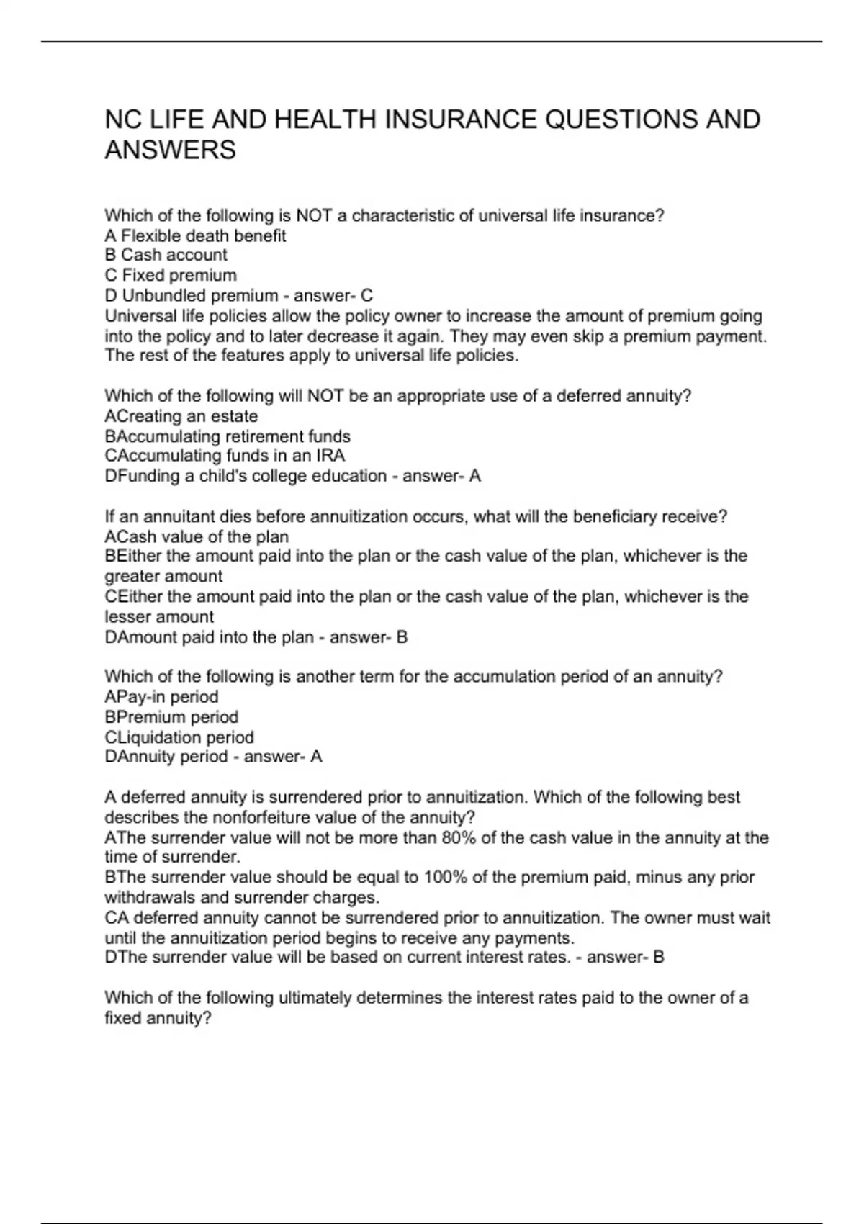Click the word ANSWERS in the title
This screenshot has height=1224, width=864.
[x=171, y=150]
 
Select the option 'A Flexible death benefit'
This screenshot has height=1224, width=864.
[x=195, y=235]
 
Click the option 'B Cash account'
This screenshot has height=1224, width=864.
[x=166, y=255]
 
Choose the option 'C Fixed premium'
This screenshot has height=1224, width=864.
[x=171, y=275]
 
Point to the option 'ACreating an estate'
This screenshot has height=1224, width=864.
[x=181, y=416]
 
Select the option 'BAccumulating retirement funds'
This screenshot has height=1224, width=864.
[x=228, y=436]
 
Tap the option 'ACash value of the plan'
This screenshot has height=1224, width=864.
[x=197, y=537]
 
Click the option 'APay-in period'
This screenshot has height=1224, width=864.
[x=161, y=697]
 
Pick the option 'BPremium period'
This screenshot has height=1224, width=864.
[x=171, y=717]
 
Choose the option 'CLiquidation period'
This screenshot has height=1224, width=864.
[x=179, y=737]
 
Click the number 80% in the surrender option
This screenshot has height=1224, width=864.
[x=458, y=838]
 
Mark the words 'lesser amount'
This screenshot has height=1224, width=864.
[x=159, y=617]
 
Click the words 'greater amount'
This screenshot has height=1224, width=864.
[x=163, y=577]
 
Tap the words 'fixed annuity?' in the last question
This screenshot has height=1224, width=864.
[x=158, y=1018]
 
